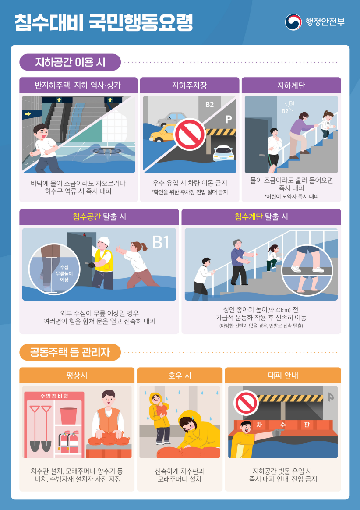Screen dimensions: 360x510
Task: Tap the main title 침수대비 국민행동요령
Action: (104, 22)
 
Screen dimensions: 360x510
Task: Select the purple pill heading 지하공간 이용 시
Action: (70, 62)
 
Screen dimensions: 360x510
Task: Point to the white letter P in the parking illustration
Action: (228, 120)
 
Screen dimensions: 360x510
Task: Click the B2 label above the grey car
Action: (209, 104)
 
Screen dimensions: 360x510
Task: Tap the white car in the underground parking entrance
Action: (223, 153)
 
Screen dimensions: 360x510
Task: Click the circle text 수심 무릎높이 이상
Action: (64, 273)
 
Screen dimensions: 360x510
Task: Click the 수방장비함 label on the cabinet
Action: (54, 396)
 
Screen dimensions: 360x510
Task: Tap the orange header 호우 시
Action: (180, 375)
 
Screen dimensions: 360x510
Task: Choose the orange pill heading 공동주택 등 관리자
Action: (70, 352)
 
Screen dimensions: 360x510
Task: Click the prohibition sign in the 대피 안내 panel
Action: (246, 403)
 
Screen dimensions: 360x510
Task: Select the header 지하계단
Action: (291, 85)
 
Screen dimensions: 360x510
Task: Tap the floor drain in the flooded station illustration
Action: (107, 151)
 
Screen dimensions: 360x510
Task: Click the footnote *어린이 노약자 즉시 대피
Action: (291, 196)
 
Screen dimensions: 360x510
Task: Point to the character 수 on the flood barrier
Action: (282, 425)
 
